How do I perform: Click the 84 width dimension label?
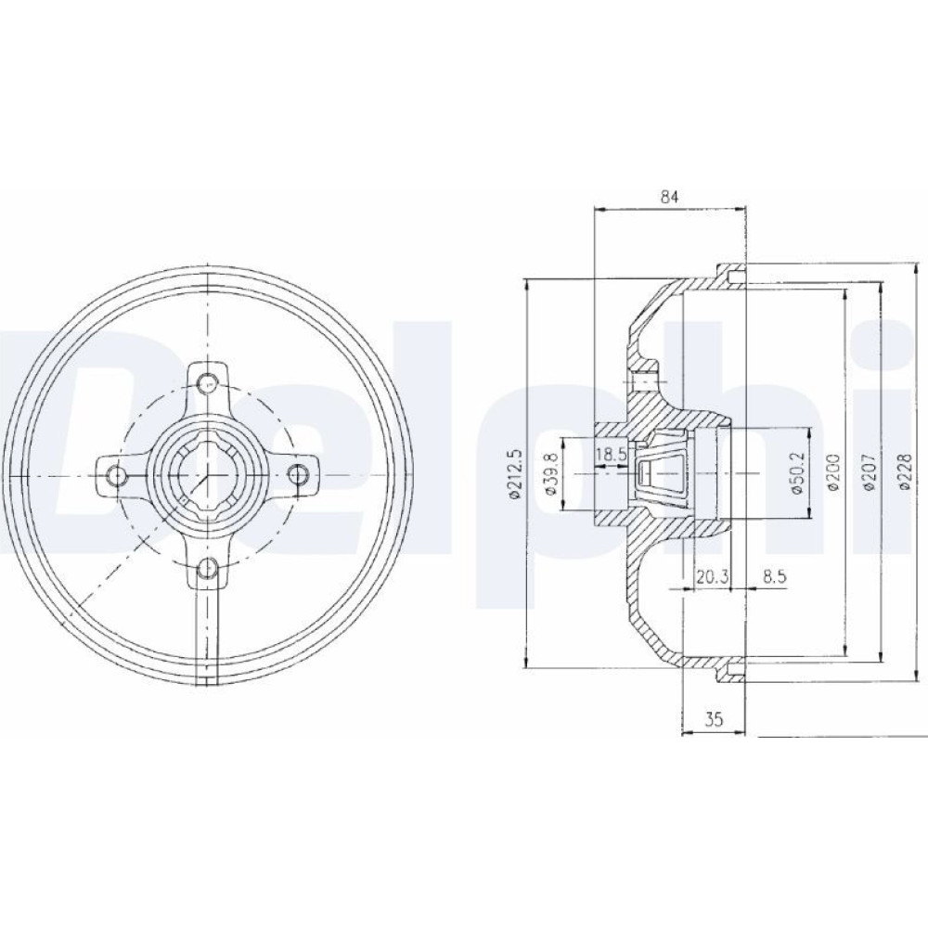(669, 197)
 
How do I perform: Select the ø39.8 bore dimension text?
(549, 473)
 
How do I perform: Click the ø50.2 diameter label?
(795, 473)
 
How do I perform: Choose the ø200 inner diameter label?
(832, 471)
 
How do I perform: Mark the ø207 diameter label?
(869, 471)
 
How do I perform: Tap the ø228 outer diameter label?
(904, 471)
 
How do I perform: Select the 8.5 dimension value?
(774, 576)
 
